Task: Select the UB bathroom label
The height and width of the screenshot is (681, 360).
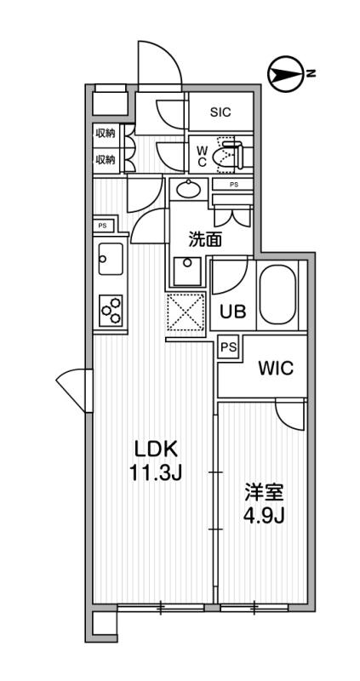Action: click(x=233, y=312)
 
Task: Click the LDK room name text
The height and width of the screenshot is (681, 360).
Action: click(x=154, y=449)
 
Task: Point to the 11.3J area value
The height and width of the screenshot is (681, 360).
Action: click(x=154, y=473)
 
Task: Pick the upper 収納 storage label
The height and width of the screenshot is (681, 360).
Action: click(x=105, y=133)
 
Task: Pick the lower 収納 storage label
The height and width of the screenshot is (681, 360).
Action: click(x=105, y=159)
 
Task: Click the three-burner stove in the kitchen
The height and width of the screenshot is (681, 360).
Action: click(x=111, y=310)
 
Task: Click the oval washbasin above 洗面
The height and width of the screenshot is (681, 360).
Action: click(x=189, y=188)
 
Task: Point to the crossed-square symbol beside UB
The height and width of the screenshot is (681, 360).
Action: click(x=187, y=313)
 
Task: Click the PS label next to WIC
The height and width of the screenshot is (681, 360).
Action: click(x=227, y=346)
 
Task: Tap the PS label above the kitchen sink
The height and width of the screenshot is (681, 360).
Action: click(x=102, y=226)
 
